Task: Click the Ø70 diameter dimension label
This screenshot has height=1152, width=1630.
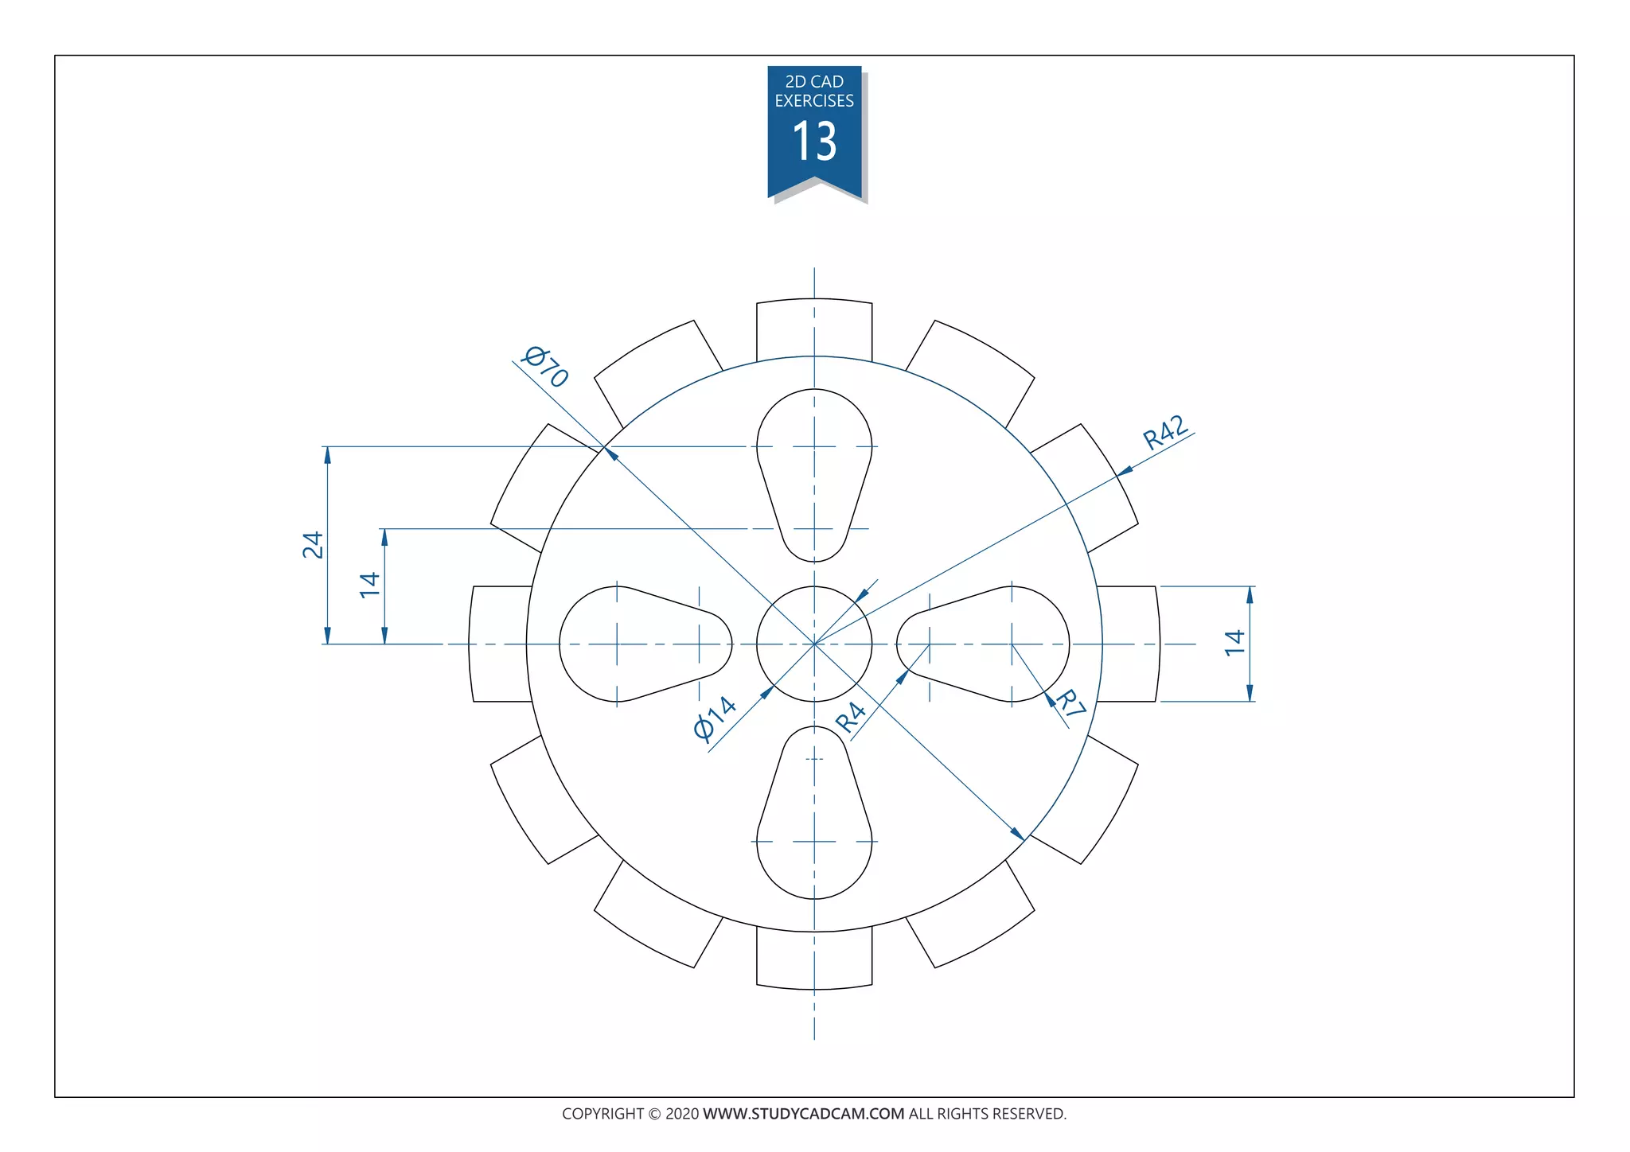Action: [x=545, y=366]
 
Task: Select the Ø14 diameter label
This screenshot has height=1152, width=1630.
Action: [x=715, y=718]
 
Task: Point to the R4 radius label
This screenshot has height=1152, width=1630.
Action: [x=851, y=717]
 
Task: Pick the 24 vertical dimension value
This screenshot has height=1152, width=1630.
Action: [x=313, y=545]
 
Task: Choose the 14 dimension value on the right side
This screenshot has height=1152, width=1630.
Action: [x=1234, y=643]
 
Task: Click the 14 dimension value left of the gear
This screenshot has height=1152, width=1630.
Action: [x=369, y=585]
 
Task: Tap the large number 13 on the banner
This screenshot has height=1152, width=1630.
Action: [x=814, y=142]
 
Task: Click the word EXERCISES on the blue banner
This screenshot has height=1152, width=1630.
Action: [x=814, y=101]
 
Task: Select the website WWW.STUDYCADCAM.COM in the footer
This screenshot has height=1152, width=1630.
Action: [x=803, y=1114]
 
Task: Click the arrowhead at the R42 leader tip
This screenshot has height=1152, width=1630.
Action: [x=1124, y=472]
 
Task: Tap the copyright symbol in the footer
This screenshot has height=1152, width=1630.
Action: [x=654, y=1114]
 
